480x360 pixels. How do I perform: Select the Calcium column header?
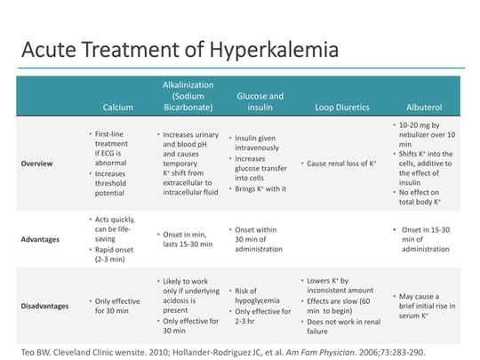117,108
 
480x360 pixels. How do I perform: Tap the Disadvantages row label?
44,306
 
